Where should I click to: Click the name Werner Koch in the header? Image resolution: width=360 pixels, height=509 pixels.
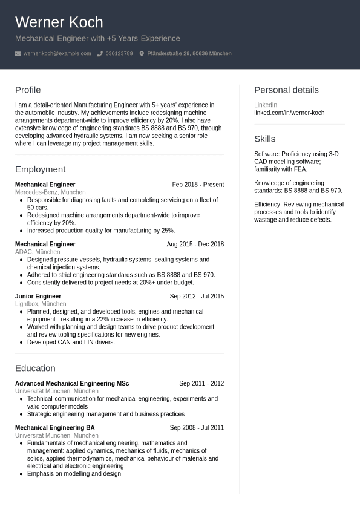pos(59,22)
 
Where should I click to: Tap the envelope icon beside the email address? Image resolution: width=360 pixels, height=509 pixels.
pos(18,54)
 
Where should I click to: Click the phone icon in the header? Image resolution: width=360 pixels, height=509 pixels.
pos(100,54)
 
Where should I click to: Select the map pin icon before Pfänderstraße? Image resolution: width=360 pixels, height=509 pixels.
pos(142,54)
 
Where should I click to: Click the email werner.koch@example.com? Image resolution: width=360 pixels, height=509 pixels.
pos(57,54)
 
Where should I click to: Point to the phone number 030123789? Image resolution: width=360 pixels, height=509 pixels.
pos(119,54)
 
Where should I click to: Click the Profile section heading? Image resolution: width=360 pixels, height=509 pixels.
pos(28,90)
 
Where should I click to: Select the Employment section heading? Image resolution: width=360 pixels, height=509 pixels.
pos(40,169)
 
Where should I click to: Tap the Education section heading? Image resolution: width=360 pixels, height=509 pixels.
pos(35,368)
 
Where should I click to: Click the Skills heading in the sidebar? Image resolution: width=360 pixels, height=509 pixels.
pos(264,139)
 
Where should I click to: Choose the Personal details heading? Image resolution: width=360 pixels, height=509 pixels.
pos(286,90)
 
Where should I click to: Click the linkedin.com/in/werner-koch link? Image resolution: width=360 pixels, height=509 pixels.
pos(289,113)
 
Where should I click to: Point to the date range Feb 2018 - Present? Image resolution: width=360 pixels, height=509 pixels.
pos(198,185)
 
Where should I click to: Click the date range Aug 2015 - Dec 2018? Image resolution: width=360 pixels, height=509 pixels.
pos(195,245)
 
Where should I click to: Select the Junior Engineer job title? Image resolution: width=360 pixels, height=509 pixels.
pos(38,297)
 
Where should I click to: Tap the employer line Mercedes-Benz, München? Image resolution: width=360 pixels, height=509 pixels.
pos(50,192)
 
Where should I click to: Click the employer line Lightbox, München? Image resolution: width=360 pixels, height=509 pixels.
pos(41,304)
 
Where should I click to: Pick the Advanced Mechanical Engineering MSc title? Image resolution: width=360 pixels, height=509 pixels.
pos(72,384)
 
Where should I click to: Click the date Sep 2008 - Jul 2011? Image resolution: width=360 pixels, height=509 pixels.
pos(197,428)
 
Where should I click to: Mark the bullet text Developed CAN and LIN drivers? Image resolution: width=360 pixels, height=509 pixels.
pos(71,343)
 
